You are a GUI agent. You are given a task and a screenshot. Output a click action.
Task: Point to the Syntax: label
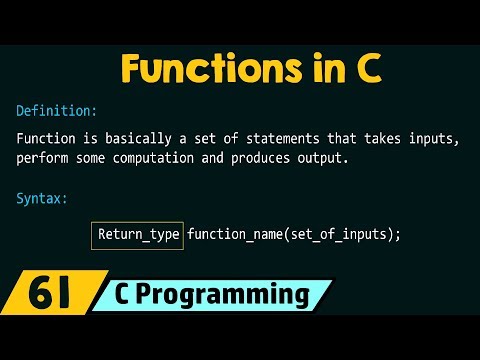click(x=43, y=198)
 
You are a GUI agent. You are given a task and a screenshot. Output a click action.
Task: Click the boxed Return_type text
click(x=139, y=235)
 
